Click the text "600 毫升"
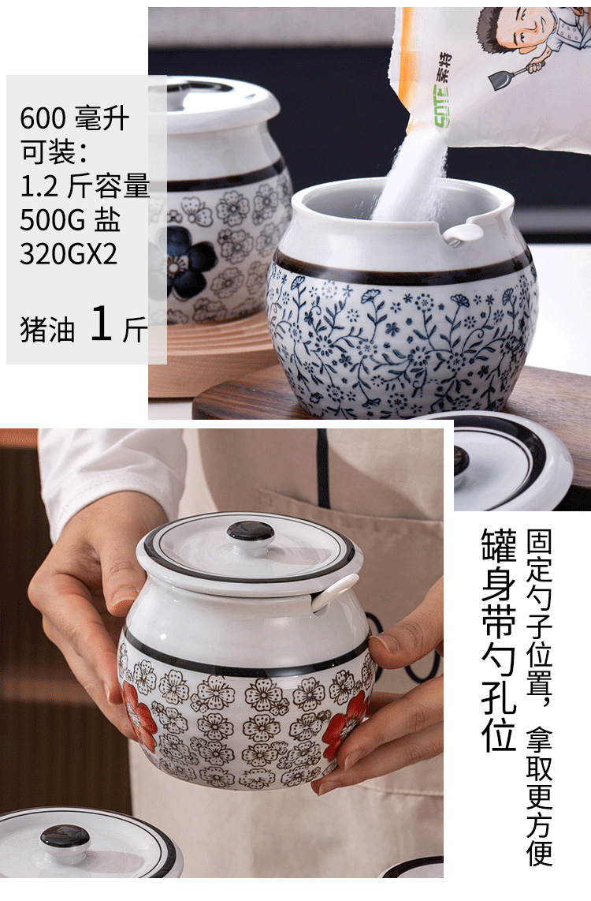point(74,120)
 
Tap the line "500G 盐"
point(70,220)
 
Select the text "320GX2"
point(69,254)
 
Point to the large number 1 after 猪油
point(102,324)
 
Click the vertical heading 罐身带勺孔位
point(498,640)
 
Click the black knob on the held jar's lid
point(251,532)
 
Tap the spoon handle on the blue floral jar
point(463,232)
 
